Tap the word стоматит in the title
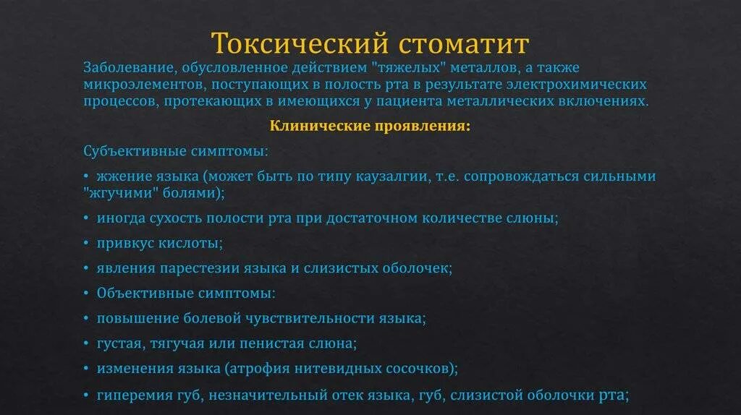[x=462, y=43]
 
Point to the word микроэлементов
[x=137, y=85]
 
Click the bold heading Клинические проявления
[x=370, y=126]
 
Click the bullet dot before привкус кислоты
[x=87, y=243]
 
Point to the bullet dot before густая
[x=87, y=343]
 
